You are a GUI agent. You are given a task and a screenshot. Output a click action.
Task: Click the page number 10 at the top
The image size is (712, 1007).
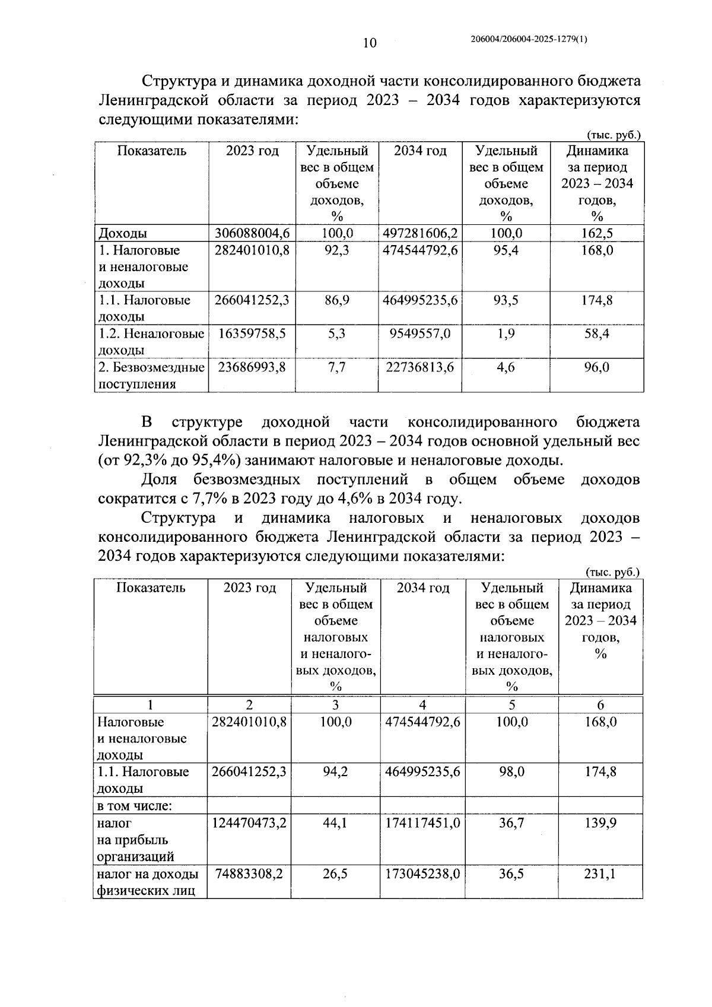pos(369,43)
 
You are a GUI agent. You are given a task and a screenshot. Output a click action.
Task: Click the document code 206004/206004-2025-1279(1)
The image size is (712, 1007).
pos(528,39)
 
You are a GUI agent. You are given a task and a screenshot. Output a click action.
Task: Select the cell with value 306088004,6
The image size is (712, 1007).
pos(252,233)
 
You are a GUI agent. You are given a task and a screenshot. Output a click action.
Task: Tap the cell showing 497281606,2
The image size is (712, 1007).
pos(420,233)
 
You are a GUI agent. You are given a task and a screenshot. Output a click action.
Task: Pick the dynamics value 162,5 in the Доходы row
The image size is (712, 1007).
pos(596,233)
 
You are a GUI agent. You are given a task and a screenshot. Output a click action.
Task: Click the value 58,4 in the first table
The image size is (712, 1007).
pos(596,334)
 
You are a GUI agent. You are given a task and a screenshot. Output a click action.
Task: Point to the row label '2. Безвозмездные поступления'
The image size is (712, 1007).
pos(151,376)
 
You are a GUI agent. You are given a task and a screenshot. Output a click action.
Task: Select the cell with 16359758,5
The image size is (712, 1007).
pos(252,334)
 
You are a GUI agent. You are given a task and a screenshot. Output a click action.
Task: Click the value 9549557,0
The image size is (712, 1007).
pos(420,334)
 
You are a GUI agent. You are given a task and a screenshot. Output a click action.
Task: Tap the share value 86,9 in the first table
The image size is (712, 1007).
pos(336,300)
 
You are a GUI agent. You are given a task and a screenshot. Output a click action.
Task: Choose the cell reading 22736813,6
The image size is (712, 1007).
pos(420,368)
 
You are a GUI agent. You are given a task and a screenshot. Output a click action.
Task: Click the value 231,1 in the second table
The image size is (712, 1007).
pos(600,875)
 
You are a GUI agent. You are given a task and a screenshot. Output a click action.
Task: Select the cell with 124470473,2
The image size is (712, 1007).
pos(249,823)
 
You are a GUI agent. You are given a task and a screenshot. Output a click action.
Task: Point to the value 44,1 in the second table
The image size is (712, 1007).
pos(335,823)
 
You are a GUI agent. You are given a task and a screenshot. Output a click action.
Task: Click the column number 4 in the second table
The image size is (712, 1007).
pos(422,705)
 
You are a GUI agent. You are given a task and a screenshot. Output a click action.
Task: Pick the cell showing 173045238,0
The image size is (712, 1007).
pos(422,875)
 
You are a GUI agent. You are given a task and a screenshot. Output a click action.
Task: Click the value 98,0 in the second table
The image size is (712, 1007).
pos(511,772)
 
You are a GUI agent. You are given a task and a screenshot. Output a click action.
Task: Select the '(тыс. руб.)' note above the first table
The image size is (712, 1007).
pos(614,135)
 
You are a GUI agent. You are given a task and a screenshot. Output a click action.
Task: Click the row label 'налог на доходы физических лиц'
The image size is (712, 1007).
pos(147,883)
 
